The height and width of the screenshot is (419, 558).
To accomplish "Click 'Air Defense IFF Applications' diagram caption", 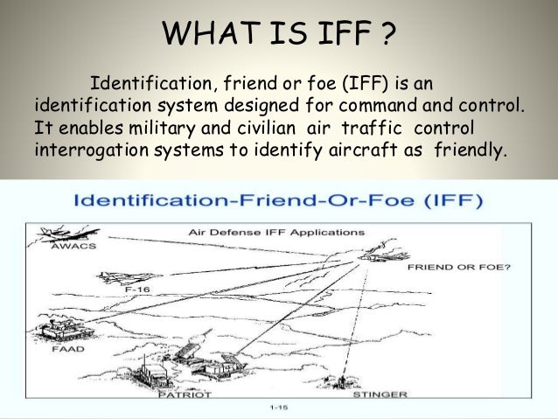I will point(278,234).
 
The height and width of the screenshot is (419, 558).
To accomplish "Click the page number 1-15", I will point(278,409).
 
